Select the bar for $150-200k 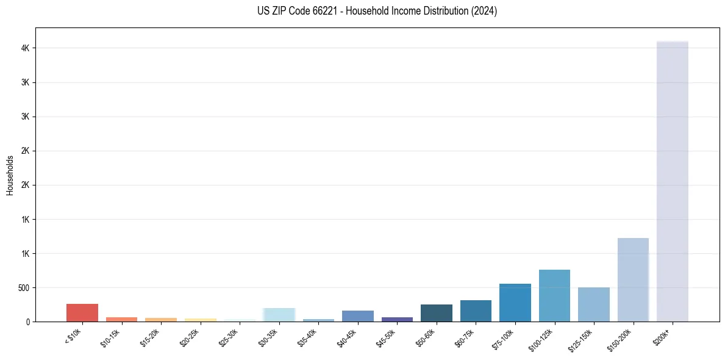click(633, 279)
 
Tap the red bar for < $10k click(82, 312)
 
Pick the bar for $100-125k click(554, 295)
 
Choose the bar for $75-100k click(515, 303)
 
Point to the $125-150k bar click(594, 304)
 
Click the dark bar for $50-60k click(437, 313)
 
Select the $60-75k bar click(476, 311)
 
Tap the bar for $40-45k click(358, 316)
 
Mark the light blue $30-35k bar click(279, 315)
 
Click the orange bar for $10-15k click(121, 319)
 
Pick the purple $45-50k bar click(397, 319)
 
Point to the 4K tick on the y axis click(27, 48)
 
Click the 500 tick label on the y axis click(24, 287)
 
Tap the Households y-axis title click(10, 175)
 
